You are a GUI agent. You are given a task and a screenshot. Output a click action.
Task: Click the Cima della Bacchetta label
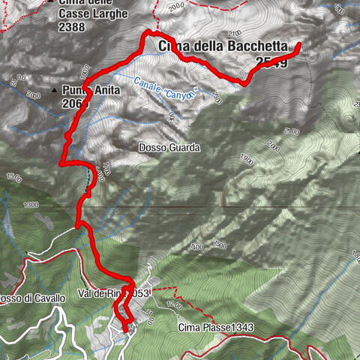pos(223,46)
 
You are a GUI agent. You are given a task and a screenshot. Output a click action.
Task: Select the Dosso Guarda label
pos(169,148)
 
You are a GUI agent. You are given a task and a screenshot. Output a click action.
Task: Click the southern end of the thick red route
pos(124,328)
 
